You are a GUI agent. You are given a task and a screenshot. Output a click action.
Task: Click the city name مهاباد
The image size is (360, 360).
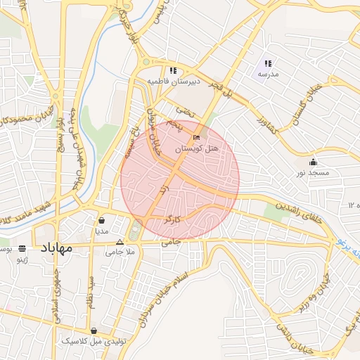coord(56,248)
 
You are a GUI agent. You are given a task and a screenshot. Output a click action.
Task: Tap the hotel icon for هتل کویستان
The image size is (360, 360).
coord(196,137)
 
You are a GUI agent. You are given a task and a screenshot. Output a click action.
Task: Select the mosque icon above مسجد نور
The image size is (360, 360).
coord(313,162)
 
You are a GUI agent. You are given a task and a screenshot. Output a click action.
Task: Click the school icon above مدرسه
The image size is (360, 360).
coord(268,64)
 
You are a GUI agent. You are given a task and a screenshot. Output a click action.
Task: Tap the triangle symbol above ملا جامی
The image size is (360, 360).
coord(120,241)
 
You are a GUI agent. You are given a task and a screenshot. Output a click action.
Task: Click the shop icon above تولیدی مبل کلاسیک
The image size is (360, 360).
coord(94,330)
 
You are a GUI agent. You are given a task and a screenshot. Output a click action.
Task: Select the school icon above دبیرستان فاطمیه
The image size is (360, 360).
coord(172,70)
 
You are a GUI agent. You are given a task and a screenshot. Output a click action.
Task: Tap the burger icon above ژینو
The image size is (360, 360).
coord(22,248)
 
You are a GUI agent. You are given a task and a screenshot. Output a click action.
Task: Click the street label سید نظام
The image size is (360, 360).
coord(90,290)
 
